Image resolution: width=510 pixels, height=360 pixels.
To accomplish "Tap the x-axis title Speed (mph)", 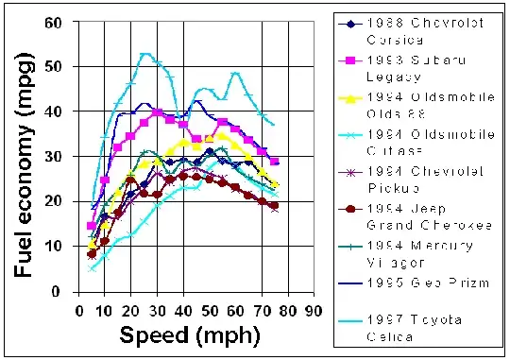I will pyautogui.click(x=178, y=336).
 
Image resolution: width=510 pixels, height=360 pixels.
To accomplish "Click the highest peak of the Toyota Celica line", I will pyautogui.click(x=144, y=54).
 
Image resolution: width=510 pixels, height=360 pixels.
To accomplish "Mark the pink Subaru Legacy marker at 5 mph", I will pyautogui.click(x=91, y=226).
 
